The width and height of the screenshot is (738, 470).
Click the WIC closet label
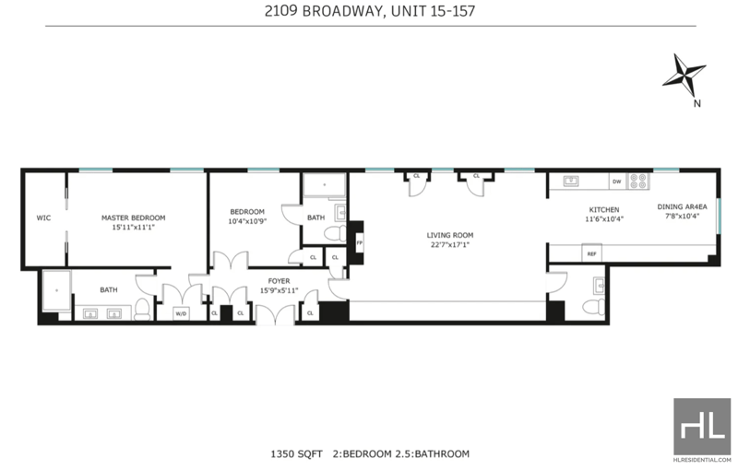(x=43, y=217)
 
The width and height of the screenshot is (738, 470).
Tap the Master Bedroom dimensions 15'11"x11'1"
(x=133, y=227)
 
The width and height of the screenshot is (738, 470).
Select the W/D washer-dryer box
(x=181, y=313)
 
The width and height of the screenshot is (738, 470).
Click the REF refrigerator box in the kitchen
(x=591, y=253)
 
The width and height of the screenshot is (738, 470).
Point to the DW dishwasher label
(x=616, y=182)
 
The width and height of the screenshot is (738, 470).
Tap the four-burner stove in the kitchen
(x=638, y=182)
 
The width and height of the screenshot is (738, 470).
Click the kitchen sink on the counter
(x=571, y=181)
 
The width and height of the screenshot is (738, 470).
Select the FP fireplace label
(x=360, y=243)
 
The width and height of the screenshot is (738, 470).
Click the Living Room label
(x=450, y=235)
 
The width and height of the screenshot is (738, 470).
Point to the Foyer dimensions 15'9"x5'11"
(x=280, y=290)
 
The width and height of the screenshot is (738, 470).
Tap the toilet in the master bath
(x=142, y=310)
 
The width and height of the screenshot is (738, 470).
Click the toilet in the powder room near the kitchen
(x=594, y=307)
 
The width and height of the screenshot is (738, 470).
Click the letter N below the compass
(x=697, y=103)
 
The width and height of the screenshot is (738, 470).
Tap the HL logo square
(x=702, y=427)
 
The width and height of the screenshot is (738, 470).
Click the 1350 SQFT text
(x=296, y=454)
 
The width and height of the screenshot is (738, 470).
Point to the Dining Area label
(x=682, y=206)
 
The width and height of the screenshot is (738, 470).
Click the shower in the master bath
(x=56, y=290)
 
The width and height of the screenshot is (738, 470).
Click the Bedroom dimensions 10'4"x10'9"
(x=247, y=221)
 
